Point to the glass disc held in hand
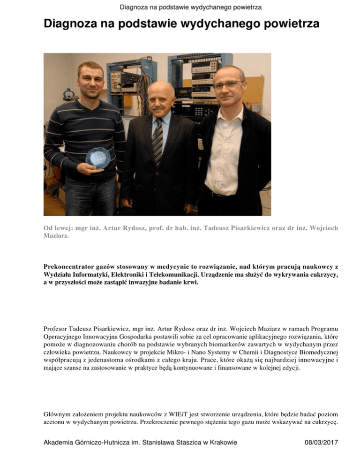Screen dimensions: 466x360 (x=98, y=158)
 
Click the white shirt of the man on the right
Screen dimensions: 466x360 (x=225, y=150)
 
